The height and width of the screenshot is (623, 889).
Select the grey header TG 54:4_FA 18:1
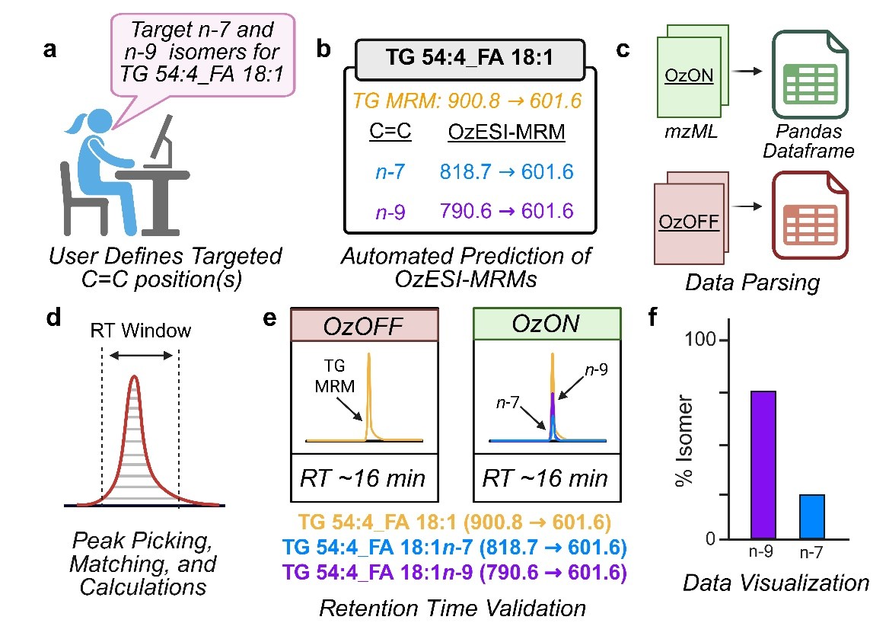point(470,57)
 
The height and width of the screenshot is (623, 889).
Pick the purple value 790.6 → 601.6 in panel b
point(506,211)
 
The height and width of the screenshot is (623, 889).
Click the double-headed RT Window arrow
point(140,355)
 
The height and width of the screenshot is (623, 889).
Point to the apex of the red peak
point(135,376)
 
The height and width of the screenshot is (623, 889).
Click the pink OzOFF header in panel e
point(365,326)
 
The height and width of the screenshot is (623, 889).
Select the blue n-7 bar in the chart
point(812,516)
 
